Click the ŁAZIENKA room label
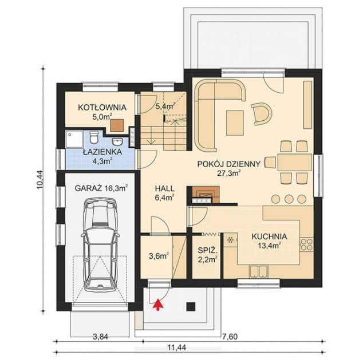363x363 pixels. tap(100, 152)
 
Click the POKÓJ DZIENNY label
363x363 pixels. tap(228, 163)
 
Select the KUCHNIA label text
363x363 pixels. tap(269, 236)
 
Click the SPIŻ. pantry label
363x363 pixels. tap(206, 250)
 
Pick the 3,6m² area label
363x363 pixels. tap(159, 256)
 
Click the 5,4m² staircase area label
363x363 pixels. tap(164, 105)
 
